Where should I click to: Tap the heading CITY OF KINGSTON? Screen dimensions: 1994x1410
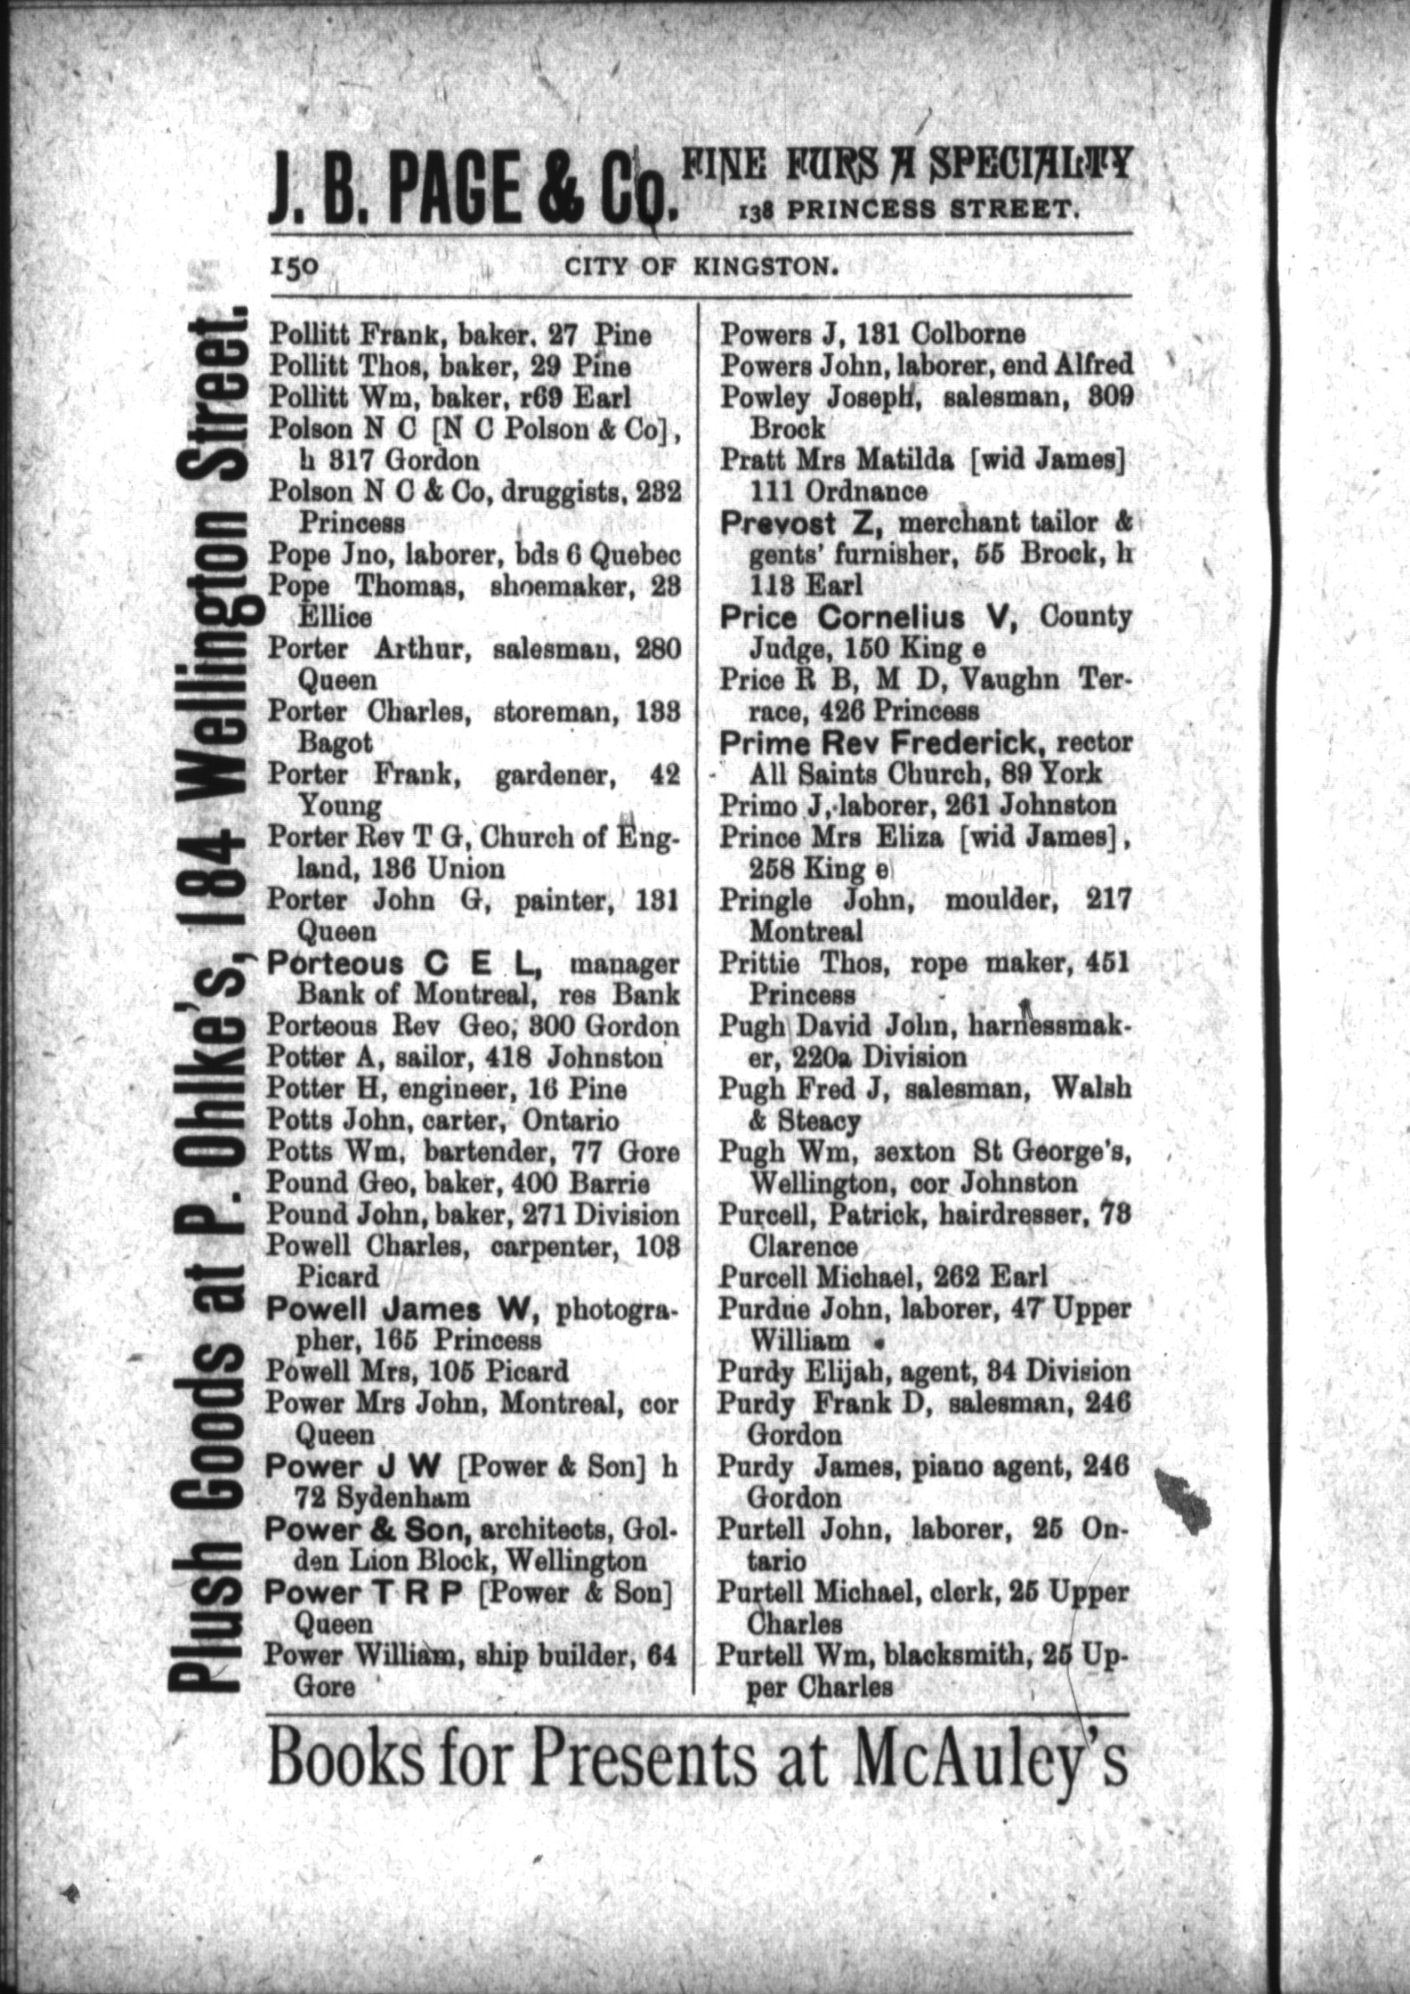click(702, 267)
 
